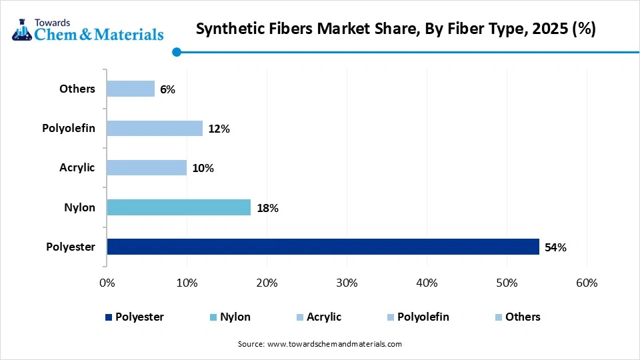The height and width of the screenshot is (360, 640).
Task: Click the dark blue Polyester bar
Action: point(323,247)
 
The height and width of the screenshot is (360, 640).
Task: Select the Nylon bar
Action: point(179,207)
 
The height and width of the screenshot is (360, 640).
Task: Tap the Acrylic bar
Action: point(147,167)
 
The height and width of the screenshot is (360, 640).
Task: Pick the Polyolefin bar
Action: point(155,128)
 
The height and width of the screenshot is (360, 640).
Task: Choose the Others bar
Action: point(131,89)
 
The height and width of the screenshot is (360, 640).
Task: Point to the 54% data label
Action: point(555,247)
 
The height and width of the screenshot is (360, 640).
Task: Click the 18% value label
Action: point(267,208)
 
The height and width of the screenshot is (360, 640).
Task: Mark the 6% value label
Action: point(167,89)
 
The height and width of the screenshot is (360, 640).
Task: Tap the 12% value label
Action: point(219,129)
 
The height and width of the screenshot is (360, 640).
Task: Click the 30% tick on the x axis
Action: point(347,283)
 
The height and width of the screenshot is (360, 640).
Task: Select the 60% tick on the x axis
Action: point(587,283)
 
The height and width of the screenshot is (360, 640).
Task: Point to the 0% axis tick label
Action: point(107,283)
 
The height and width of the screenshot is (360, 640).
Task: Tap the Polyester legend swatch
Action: point(109,317)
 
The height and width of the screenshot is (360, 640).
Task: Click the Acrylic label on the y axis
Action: point(77,167)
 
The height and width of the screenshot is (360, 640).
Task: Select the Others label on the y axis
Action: point(77,89)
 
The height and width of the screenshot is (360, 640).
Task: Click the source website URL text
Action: point(334,344)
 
